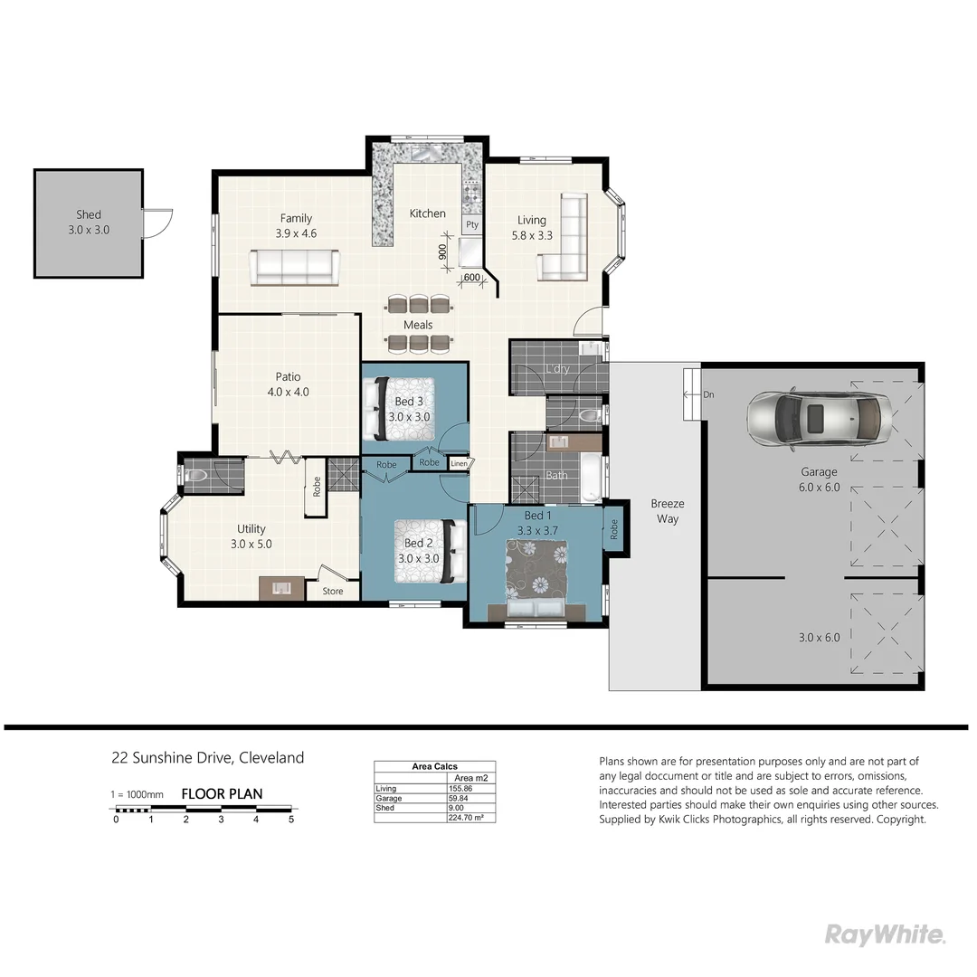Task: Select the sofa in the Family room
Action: (x=294, y=267)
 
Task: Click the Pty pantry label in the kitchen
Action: (x=471, y=224)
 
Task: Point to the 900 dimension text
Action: (x=442, y=251)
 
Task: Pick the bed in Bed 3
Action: (x=398, y=408)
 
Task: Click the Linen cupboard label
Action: (x=460, y=464)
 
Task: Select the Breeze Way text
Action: (x=668, y=511)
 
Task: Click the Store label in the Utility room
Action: (x=333, y=592)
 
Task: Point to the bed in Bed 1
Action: (x=536, y=579)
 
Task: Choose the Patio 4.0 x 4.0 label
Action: (x=289, y=384)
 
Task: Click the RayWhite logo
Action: (x=885, y=934)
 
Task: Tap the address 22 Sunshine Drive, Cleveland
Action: (x=207, y=758)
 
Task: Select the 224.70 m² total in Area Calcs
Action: (x=467, y=817)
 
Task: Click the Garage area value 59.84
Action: (x=461, y=798)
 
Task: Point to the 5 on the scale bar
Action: (x=291, y=820)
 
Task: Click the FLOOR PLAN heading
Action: (x=222, y=794)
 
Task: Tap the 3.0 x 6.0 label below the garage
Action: (x=819, y=637)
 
